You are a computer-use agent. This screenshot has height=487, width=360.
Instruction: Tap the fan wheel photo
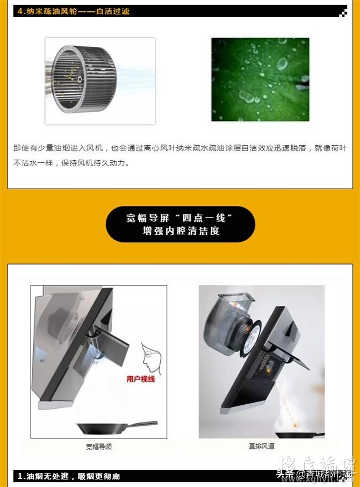pos(100,81)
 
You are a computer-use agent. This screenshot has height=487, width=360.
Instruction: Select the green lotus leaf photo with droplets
pos(260,79)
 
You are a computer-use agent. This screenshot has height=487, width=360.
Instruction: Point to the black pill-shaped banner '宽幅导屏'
pos(180,224)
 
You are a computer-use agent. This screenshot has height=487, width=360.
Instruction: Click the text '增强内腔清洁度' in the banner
pos(181,231)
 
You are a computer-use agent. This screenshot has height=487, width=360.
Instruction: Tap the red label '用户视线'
pos(141,379)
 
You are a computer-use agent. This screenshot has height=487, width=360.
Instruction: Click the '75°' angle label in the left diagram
pos(96,363)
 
